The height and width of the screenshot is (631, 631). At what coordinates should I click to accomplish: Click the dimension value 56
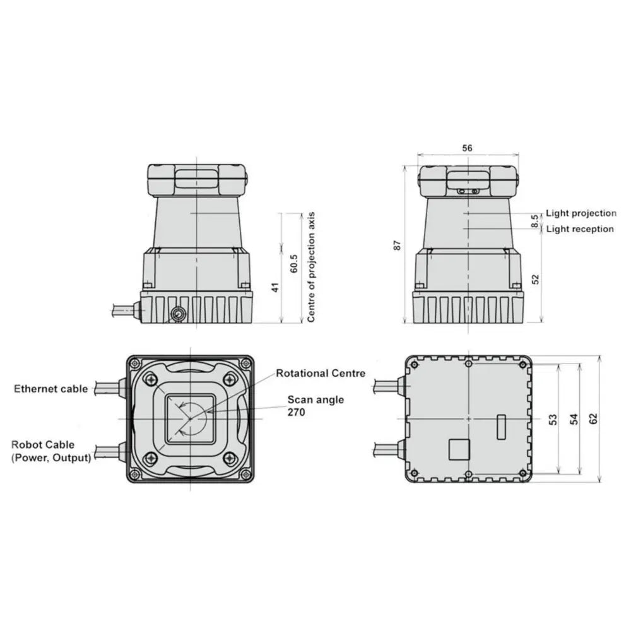point(467,148)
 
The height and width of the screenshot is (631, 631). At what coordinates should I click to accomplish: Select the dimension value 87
point(398,245)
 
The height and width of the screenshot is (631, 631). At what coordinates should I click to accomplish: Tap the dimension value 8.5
point(535,221)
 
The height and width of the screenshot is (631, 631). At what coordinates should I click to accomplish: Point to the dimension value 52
point(535,279)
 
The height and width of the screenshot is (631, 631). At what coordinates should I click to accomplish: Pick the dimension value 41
point(274,288)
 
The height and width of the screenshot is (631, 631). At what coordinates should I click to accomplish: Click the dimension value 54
point(574,418)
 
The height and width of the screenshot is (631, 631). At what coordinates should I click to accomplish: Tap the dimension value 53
point(553,418)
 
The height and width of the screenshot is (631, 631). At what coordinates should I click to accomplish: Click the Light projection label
point(581,214)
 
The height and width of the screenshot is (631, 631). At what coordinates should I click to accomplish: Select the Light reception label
point(579,229)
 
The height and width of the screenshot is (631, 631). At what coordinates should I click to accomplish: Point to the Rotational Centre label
point(321,374)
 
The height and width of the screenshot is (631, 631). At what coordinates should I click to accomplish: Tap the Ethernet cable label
point(51,389)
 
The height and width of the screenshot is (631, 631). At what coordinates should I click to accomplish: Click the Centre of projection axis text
point(310,268)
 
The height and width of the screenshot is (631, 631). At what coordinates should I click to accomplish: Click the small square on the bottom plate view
point(457,449)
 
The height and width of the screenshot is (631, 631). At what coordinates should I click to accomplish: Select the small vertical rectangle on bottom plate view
point(501,427)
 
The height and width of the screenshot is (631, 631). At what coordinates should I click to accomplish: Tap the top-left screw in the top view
point(150,379)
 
